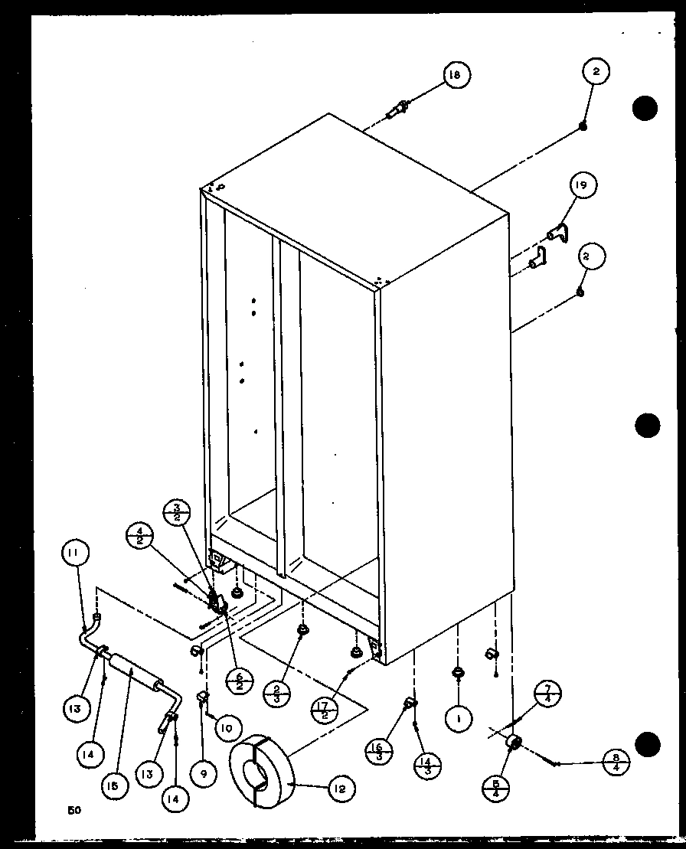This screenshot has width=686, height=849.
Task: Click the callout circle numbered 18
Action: click(x=455, y=74)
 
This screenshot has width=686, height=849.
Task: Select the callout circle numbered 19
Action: click(x=583, y=185)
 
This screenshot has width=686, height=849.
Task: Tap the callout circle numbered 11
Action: click(x=76, y=553)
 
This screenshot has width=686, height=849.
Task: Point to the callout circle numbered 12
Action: click(x=342, y=788)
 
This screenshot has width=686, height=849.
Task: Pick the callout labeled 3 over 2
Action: click(x=176, y=514)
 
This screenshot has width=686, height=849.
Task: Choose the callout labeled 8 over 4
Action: click(x=616, y=763)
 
